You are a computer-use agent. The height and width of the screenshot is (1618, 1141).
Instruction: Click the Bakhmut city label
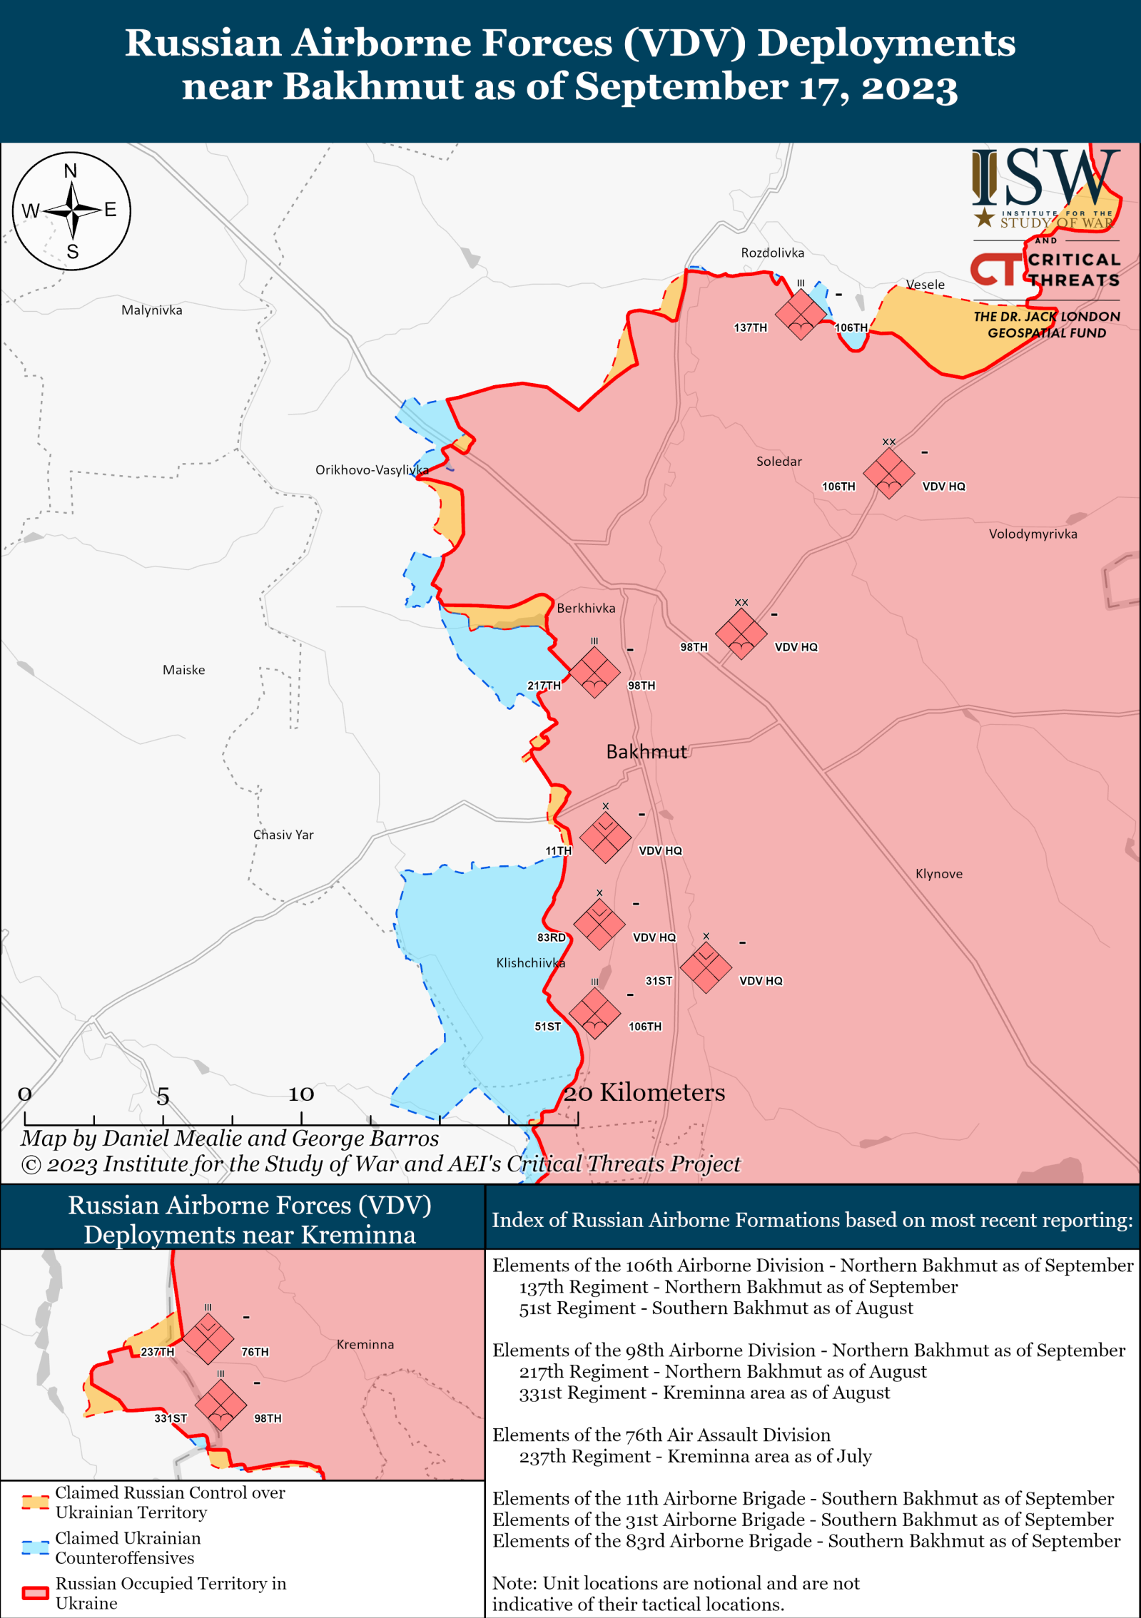pyautogui.click(x=646, y=751)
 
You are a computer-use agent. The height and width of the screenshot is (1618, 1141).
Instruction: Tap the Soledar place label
pyautogui.click(x=779, y=462)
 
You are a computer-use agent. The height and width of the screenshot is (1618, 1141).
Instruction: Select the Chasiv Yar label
pyautogui.click(x=283, y=835)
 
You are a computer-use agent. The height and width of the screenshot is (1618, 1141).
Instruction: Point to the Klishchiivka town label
pyautogui.click(x=530, y=962)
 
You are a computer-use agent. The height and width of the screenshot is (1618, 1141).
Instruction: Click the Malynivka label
pyautogui.click(x=151, y=310)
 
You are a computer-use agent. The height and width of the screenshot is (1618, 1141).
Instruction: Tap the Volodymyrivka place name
pyautogui.click(x=1033, y=534)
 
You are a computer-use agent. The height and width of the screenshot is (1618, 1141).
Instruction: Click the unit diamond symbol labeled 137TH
pyautogui.click(x=801, y=315)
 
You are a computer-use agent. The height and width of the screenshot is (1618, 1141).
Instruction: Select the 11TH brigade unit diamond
pyautogui.click(x=605, y=838)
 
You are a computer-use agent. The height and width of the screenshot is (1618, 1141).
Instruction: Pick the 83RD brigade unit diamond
pyautogui.click(x=599, y=925)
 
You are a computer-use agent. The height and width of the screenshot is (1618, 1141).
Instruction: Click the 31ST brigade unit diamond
pyautogui.click(x=706, y=967)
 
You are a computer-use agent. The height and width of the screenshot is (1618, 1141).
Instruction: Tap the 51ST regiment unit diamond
pyautogui.click(x=594, y=1013)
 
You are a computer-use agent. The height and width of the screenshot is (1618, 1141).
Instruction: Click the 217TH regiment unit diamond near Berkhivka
pyautogui.click(x=594, y=672)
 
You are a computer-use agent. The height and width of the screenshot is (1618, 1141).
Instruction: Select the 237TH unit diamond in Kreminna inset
pyautogui.click(x=208, y=1338)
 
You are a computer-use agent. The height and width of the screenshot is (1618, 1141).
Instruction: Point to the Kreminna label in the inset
pyautogui.click(x=365, y=1344)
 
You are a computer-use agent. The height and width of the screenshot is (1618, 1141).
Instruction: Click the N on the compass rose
pyautogui.click(x=70, y=171)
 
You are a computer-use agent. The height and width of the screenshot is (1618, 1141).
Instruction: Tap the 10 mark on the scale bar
pyautogui.click(x=300, y=1094)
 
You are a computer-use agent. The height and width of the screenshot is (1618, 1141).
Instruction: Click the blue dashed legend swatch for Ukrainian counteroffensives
pyautogui.click(x=34, y=1547)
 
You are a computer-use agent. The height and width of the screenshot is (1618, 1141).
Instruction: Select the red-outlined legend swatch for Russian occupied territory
pyautogui.click(x=34, y=1592)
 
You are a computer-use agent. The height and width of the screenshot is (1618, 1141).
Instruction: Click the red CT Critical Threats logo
pyautogui.click(x=993, y=270)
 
